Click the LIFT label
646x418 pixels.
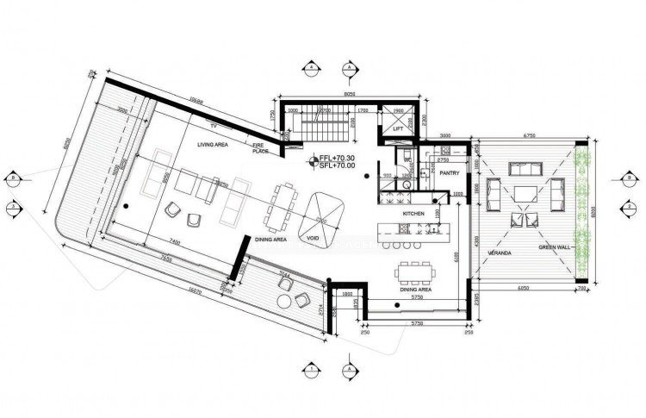point(398,129)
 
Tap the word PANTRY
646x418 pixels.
point(449,173)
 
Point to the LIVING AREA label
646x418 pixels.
point(210,145)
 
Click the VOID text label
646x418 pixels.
point(307,235)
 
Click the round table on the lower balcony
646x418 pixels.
point(284,301)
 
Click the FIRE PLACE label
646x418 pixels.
point(260,149)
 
